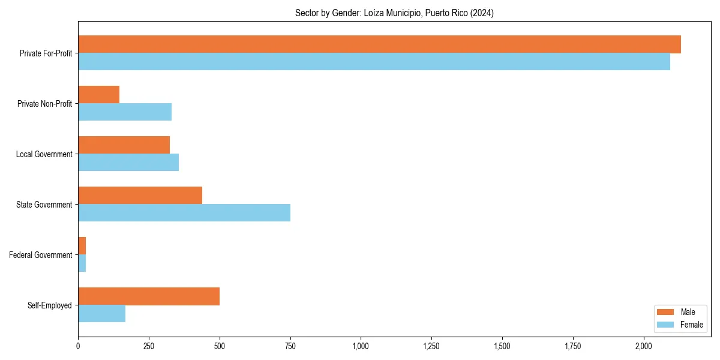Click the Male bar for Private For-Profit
pyautogui.click(x=379, y=44)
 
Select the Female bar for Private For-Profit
pyautogui.click(x=374, y=62)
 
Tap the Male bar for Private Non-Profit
pyautogui.click(x=98, y=95)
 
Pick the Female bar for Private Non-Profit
pyautogui.click(x=125, y=112)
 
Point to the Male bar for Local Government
pyautogui.click(x=124, y=145)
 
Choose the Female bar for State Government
pyautogui.click(x=184, y=213)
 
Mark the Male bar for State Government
pyautogui.click(x=140, y=196)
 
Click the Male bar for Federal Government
pyautogui.click(x=82, y=246)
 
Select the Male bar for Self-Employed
pyautogui.click(x=149, y=296)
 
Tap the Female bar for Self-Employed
pyautogui.click(x=101, y=314)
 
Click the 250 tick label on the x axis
pyautogui.click(x=149, y=346)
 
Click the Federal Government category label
pyautogui.click(x=41, y=255)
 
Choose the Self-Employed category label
pyautogui.click(x=50, y=305)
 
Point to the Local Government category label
pyautogui.click(x=44, y=154)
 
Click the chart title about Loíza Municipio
pyautogui.click(x=394, y=13)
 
